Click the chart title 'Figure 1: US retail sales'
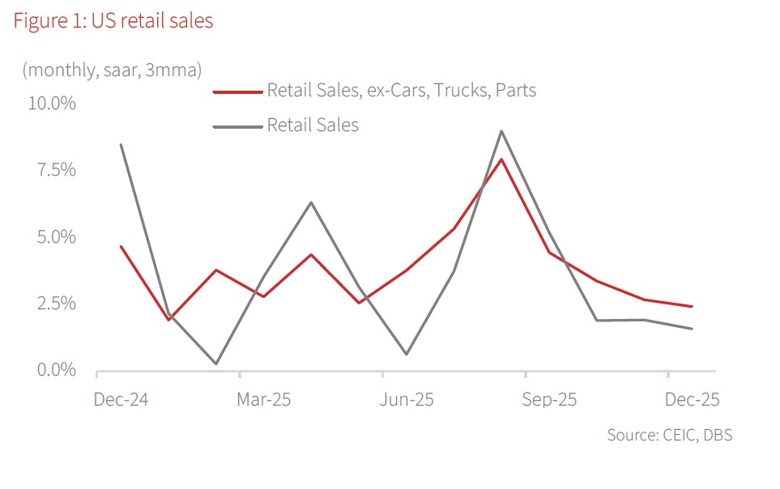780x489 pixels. pyautogui.click(x=113, y=21)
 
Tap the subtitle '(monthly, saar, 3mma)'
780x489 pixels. pyautogui.click(x=112, y=70)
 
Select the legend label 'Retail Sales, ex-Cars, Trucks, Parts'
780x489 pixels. pyautogui.click(x=401, y=91)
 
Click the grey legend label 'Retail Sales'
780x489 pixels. pyautogui.click(x=313, y=125)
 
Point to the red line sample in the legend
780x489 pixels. pyautogui.click(x=238, y=91)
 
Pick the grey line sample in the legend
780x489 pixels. pyautogui.click(x=238, y=126)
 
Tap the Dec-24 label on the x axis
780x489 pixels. pyautogui.click(x=119, y=400)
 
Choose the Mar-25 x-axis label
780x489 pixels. pyautogui.click(x=263, y=400)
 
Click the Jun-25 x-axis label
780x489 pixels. pyautogui.click(x=407, y=400)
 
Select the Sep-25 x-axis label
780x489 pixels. pyautogui.click(x=549, y=400)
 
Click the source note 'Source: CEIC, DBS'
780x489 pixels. pyautogui.click(x=669, y=435)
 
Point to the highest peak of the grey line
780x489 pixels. pyautogui.click(x=502, y=131)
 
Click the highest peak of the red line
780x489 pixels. pyautogui.click(x=502, y=159)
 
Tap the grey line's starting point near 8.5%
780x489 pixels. pyautogui.click(x=121, y=145)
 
